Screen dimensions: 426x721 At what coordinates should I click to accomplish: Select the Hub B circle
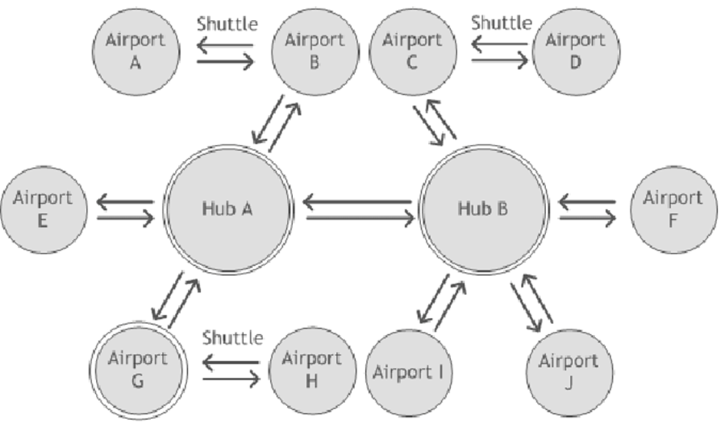click(484, 208)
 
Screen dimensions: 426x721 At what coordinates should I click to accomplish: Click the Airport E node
click(43, 209)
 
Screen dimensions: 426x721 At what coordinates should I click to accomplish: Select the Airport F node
click(671, 209)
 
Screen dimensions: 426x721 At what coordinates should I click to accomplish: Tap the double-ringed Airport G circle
click(139, 370)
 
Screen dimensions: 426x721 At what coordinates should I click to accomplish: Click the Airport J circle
click(568, 373)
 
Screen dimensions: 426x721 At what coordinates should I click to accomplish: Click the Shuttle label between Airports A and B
click(227, 24)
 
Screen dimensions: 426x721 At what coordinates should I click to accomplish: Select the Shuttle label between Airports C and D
click(501, 22)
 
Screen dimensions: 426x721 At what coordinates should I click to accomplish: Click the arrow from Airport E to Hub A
click(125, 218)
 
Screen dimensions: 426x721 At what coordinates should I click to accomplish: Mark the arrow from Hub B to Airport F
click(588, 218)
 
